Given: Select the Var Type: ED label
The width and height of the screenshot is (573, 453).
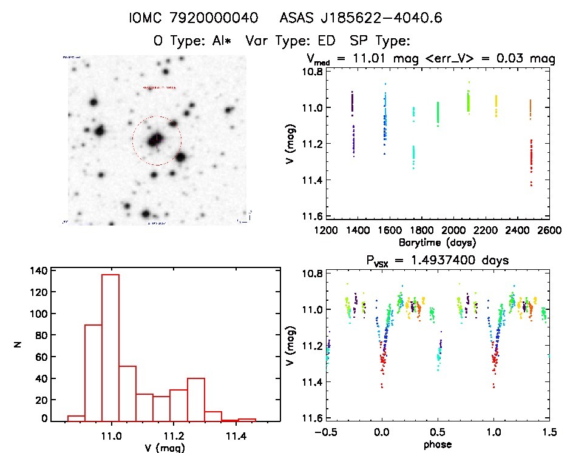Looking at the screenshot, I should click(x=294, y=41).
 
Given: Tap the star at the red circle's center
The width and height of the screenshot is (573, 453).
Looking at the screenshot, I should click(x=156, y=140).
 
